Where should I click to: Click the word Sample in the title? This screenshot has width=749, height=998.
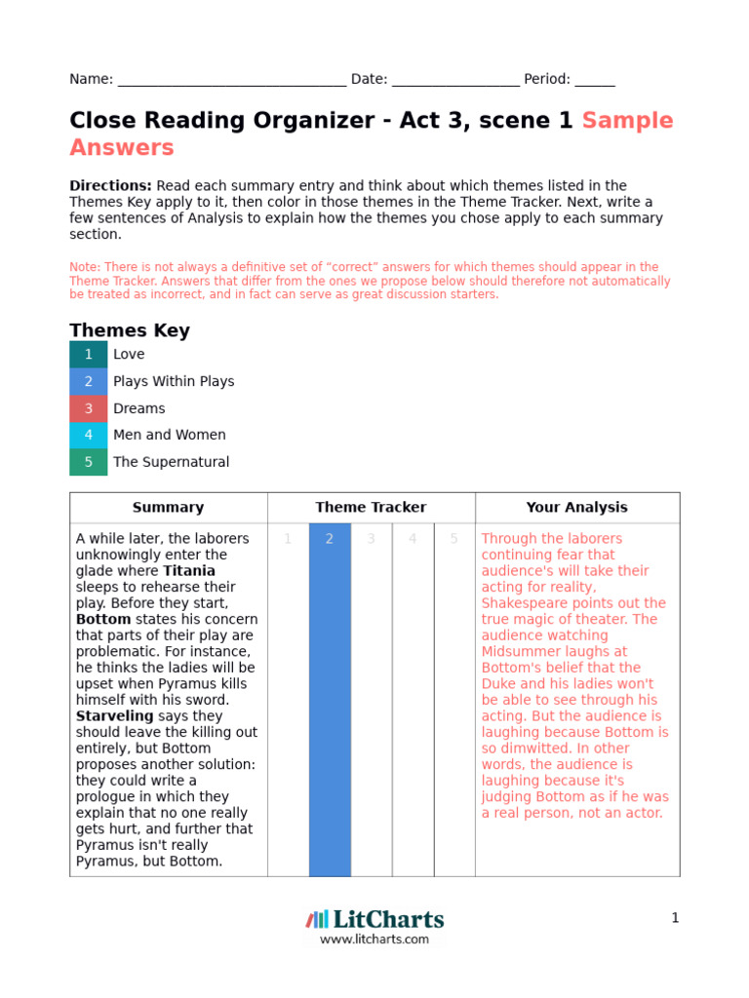click(627, 121)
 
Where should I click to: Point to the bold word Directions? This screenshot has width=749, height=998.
click(110, 185)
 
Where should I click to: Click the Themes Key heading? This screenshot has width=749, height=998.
click(130, 330)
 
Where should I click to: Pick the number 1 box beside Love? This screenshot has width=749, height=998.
click(89, 355)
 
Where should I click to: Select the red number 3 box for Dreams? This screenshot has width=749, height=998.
click(89, 408)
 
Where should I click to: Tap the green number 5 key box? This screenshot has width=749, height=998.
click(89, 462)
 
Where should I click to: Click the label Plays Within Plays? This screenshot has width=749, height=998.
click(174, 381)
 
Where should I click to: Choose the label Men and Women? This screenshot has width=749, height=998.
click(170, 435)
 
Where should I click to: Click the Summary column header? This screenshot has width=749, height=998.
click(168, 508)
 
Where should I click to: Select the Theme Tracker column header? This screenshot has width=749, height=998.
click(371, 508)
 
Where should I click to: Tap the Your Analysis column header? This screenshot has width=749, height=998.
click(576, 508)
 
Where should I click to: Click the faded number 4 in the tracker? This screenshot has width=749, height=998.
click(413, 539)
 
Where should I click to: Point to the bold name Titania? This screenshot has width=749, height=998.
click(189, 571)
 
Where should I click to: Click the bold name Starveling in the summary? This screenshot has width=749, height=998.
click(114, 716)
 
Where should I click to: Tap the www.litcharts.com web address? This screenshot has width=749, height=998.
click(374, 940)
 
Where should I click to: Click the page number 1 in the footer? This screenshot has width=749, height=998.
click(674, 918)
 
